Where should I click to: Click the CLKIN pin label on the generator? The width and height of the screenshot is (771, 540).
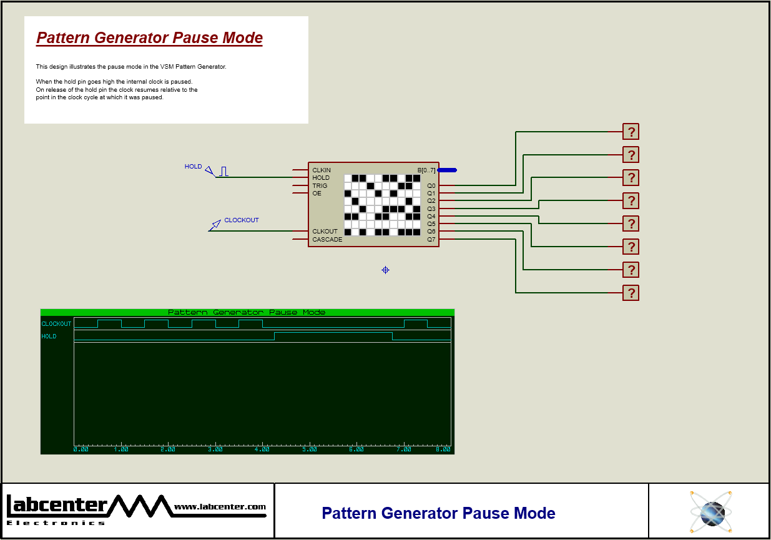322,170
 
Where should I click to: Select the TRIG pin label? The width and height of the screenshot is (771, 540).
320,186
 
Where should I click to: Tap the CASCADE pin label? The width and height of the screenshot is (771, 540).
327,240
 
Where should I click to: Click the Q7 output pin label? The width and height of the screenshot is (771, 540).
431,240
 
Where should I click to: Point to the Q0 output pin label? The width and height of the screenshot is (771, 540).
431,186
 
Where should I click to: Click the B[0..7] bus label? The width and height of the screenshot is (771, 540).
426,170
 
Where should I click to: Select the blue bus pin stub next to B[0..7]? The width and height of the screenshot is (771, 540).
447,170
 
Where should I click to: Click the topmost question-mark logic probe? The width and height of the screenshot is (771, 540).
631,132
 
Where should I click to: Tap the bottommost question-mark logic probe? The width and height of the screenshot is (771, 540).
631,293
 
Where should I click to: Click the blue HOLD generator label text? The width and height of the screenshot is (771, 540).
193,167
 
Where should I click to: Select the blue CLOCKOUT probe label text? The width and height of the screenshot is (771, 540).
242,220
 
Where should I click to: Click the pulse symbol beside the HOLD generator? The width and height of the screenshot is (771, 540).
223,171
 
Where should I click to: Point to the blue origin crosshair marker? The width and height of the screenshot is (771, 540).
385,270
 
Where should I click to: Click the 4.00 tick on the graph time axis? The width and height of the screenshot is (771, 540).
263,449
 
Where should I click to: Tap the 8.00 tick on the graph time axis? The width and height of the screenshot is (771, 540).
443,449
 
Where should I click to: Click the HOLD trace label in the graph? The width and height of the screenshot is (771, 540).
49,336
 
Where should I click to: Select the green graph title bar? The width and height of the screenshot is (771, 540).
247,312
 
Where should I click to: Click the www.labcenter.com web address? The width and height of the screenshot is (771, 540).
220,507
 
